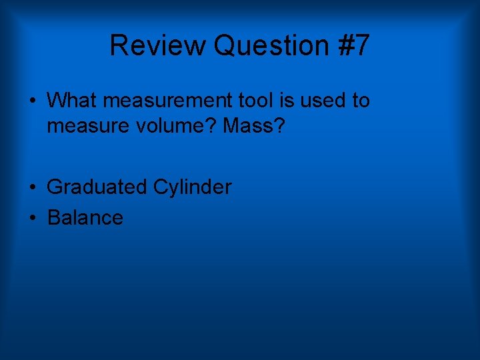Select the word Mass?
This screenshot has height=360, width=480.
pyautogui.click(x=254, y=125)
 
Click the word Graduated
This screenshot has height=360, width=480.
pyautogui.click(x=97, y=187)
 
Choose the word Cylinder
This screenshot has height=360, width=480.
pyautogui.click(x=193, y=187)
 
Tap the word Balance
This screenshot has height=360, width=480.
pyautogui.click(x=85, y=218)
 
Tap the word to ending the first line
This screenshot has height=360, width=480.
pyautogui.click(x=360, y=101)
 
